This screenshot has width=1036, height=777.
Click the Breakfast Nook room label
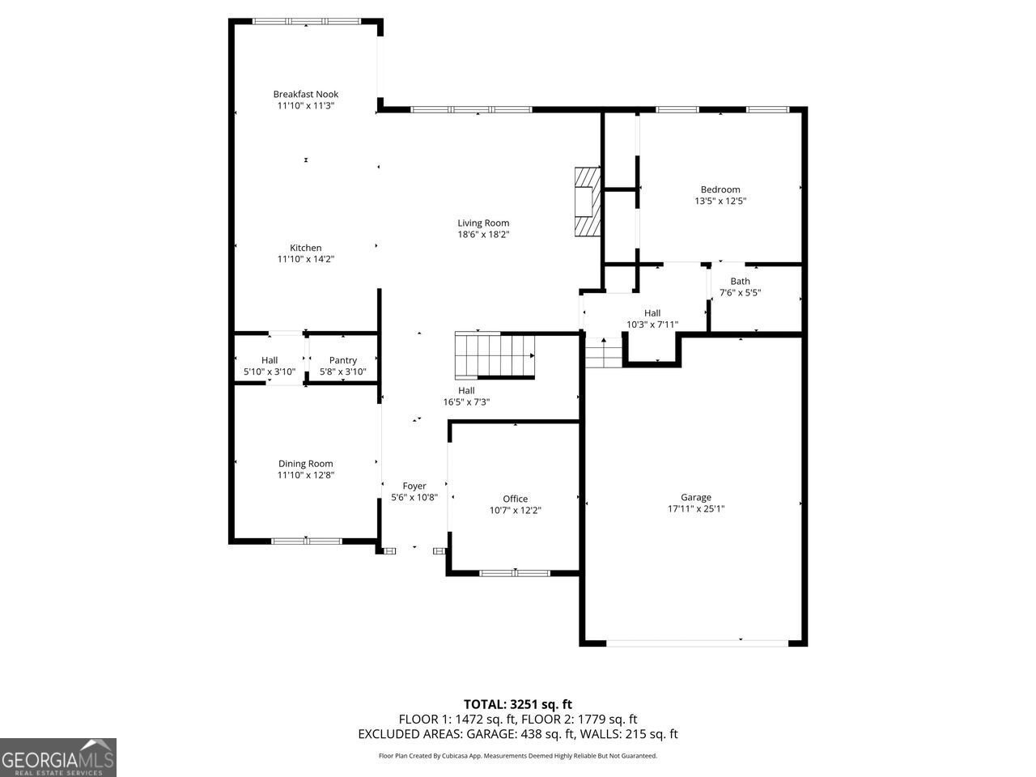[x=305, y=94]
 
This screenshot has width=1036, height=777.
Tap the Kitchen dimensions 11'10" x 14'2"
[x=305, y=259]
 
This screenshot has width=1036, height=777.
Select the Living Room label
[x=483, y=223]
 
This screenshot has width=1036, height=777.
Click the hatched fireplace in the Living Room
[x=588, y=202]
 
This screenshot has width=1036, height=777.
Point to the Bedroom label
[x=720, y=189]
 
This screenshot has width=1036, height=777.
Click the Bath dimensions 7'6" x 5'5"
[x=740, y=292]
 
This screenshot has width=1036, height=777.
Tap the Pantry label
[x=343, y=360]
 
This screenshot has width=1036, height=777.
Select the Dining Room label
[x=305, y=464]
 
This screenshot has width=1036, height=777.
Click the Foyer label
[x=414, y=486]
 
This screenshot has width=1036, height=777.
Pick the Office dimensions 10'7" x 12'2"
[x=515, y=511]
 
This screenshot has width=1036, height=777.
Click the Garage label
[x=696, y=497]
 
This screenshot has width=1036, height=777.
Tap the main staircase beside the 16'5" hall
[x=495, y=355]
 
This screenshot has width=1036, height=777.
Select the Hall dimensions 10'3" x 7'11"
[x=652, y=325]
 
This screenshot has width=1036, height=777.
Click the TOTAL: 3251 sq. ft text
[x=518, y=704]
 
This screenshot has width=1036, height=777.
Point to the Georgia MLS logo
[x=58, y=758]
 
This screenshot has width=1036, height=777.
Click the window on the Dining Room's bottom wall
[x=306, y=541]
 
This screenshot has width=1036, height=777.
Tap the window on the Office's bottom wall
[x=515, y=573]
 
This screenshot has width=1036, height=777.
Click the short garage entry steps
[x=604, y=353]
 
